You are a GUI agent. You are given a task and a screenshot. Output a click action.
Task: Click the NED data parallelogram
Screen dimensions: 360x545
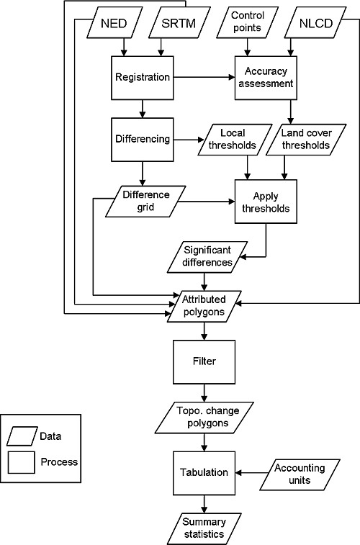[x=114, y=22]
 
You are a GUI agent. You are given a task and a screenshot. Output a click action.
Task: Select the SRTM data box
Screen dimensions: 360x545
[x=179, y=22]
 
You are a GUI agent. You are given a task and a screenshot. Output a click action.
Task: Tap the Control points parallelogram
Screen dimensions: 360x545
[x=247, y=22]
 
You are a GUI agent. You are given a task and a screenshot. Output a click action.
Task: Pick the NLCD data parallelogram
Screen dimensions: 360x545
[x=315, y=22]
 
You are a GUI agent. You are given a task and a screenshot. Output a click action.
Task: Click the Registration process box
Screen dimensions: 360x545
[x=143, y=78]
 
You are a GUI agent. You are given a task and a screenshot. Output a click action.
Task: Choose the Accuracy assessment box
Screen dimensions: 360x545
[x=266, y=78]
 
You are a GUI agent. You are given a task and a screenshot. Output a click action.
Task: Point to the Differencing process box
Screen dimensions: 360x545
[x=143, y=140]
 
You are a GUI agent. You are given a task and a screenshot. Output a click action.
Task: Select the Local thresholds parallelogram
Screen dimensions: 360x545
[x=235, y=140]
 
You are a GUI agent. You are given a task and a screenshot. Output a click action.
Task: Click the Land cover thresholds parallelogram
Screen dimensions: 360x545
[x=306, y=140]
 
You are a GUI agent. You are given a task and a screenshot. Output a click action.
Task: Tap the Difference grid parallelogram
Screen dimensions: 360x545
[x=145, y=202]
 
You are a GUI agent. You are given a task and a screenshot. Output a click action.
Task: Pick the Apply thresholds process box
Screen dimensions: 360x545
[x=266, y=202]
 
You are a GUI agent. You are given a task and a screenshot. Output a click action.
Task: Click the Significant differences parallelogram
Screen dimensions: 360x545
[x=207, y=257]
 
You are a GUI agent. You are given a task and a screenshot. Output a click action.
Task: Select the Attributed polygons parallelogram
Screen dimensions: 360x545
[x=204, y=306]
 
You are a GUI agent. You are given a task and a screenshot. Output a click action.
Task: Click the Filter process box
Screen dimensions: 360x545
[x=204, y=362]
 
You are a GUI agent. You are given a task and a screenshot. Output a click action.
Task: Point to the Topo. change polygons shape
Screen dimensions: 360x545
[x=204, y=418]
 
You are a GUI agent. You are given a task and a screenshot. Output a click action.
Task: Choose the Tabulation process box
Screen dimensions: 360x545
[x=204, y=473]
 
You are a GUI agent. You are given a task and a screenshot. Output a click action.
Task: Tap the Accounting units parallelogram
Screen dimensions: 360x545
[x=300, y=474]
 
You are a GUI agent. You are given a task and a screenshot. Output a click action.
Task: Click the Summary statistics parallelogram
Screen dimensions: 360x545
[x=204, y=528]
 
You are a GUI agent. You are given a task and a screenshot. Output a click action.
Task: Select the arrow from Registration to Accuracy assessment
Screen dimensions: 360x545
[x=204, y=77]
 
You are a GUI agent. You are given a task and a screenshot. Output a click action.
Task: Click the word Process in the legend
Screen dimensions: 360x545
[x=59, y=462]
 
